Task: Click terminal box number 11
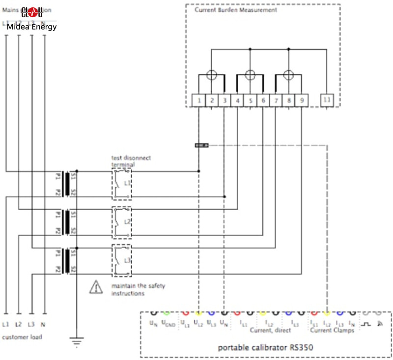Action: coord(327,101)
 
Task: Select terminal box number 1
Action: coord(198,101)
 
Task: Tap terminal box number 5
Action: coord(250,101)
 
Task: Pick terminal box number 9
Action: coord(301,101)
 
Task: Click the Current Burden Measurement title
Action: coord(235,10)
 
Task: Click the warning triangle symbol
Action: coord(96,287)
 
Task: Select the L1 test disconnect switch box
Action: coord(121,184)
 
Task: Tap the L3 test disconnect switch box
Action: coord(121,261)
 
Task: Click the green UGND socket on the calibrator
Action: coord(166,313)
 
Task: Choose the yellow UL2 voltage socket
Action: coord(198,313)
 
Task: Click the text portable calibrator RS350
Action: coord(266,347)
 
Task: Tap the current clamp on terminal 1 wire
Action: coord(201,145)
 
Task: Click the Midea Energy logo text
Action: coord(31,27)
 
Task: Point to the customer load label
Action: coord(22,337)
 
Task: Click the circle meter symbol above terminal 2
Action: coord(211,75)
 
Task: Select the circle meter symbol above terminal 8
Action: coord(288,75)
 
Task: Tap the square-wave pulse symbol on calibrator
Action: coord(366,324)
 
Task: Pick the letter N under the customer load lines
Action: coord(45,324)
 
